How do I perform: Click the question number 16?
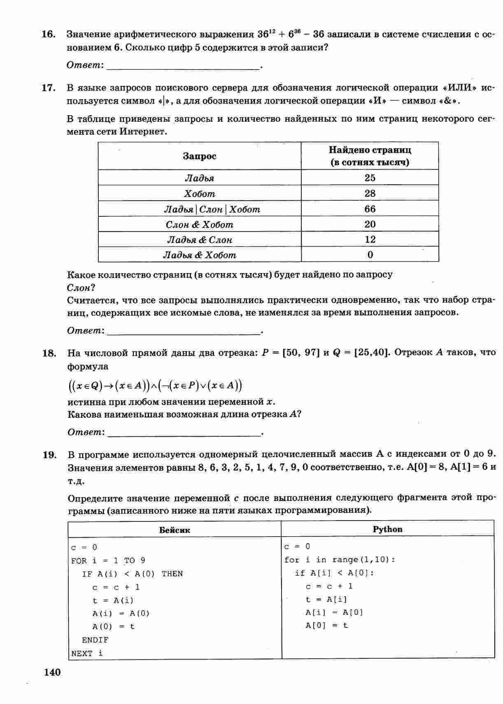[x=49, y=34]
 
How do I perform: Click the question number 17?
[x=49, y=88]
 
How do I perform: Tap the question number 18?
[x=49, y=353]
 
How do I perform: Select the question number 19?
[x=49, y=455]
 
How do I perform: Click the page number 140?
[x=52, y=672]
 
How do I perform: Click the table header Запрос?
[x=200, y=156]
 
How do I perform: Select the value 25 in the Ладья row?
[x=370, y=178]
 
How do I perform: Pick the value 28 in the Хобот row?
[x=370, y=193]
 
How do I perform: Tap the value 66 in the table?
[x=370, y=209]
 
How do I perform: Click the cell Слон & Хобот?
[x=200, y=225]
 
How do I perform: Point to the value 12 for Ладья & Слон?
[x=370, y=239]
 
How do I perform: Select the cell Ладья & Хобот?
[x=200, y=255]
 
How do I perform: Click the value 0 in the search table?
[x=370, y=255]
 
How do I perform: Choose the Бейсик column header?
[x=175, y=530]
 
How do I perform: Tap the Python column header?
[x=387, y=529]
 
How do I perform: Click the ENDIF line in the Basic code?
[x=95, y=640]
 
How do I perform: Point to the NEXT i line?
[x=87, y=653]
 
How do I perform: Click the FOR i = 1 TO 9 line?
[x=108, y=560]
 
